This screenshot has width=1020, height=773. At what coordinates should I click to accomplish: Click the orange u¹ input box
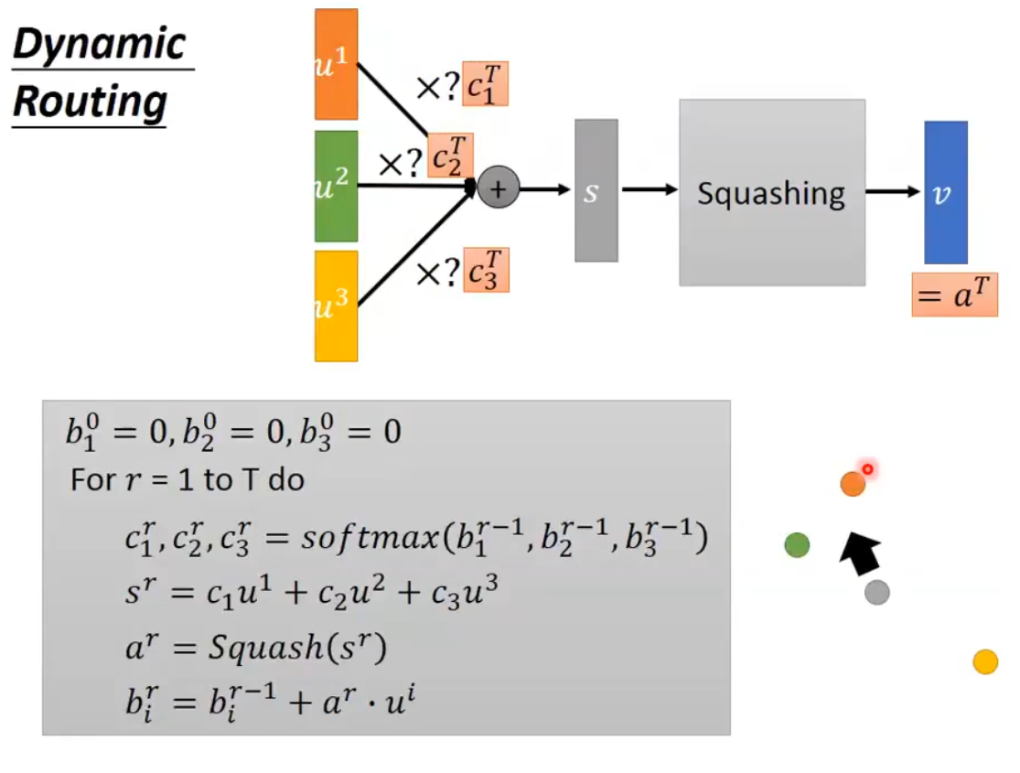[336, 64]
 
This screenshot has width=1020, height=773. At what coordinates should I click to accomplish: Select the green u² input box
[336, 185]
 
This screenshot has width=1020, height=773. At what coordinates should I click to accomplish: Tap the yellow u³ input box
[336, 306]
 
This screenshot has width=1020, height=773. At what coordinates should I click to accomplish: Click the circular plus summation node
[499, 188]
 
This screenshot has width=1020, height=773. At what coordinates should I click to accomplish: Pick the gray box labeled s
[596, 190]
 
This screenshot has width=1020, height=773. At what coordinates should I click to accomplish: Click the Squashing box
[771, 192]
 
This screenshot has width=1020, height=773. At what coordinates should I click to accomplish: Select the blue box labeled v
[945, 192]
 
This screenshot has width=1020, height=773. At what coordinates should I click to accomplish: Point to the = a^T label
[954, 295]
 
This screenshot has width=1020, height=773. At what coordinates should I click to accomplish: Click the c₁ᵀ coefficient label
[485, 83]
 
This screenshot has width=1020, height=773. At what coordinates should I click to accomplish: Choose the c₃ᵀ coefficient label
[486, 270]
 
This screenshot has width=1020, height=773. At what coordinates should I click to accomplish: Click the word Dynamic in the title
[100, 45]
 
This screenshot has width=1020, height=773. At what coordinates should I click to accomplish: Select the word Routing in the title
[89, 102]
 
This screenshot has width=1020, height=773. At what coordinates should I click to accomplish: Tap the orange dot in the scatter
[853, 484]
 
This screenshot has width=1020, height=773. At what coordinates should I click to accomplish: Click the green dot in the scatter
[797, 545]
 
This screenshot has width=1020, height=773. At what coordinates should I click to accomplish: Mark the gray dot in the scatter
[877, 593]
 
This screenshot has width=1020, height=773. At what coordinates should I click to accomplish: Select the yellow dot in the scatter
[985, 661]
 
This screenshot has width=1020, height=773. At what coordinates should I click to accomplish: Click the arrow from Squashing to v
[893, 191]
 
